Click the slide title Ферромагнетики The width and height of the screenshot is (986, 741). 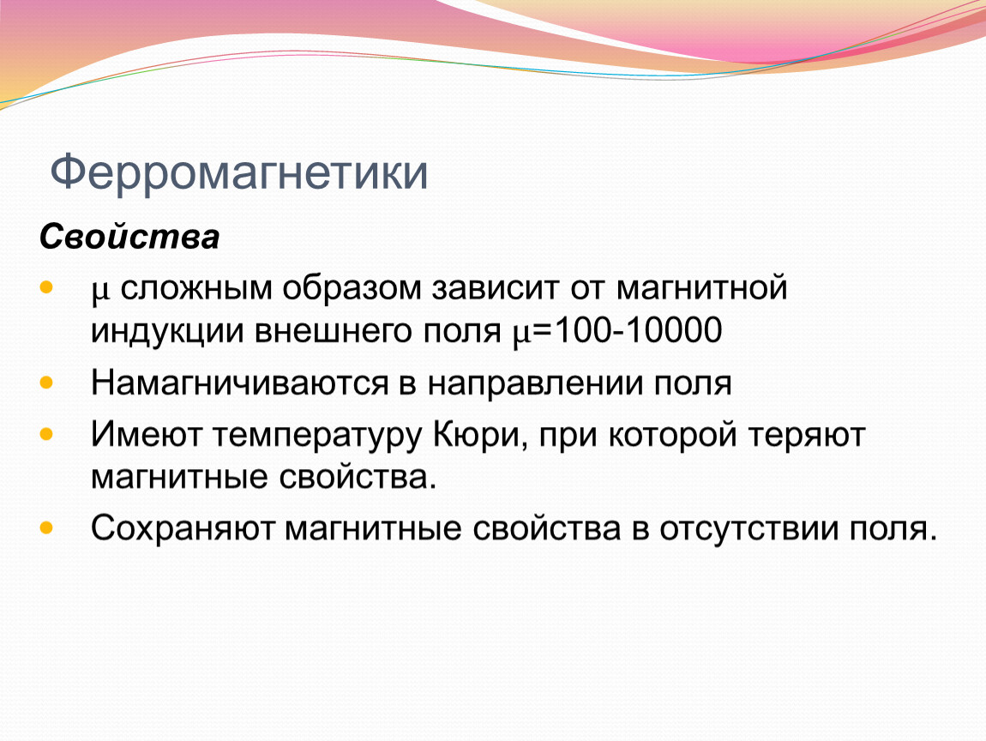tap(239, 172)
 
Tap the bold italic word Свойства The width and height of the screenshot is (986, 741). tap(129, 238)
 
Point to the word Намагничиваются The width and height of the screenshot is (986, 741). tap(240, 383)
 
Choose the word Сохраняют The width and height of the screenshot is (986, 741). tap(183, 528)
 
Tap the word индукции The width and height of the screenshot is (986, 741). tap(167, 332)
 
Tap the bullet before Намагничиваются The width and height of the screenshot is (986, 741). tap(46, 382)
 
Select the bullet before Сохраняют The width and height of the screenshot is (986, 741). tap(46, 527)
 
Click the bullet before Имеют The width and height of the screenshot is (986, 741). tap(46, 433)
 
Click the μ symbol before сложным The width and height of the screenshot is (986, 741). tap(100, 292)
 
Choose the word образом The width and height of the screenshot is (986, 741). tap(352, 287)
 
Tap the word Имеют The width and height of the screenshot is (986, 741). tap(147, 435)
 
